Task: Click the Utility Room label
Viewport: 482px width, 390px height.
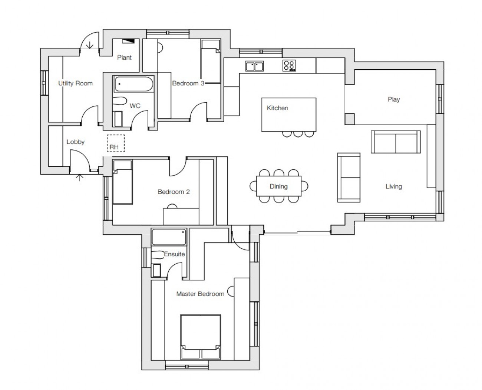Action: (75, 83)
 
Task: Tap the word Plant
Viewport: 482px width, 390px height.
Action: (124, 57)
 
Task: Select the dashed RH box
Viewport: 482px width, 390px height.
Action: (116, 143)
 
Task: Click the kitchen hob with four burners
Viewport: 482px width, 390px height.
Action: (289, 66)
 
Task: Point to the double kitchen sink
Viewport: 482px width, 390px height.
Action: (255, 66)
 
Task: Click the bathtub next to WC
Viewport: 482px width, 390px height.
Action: (134, 84)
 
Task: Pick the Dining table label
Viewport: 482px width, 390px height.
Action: (278, 186)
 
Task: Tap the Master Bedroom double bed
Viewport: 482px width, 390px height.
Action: (201, 337)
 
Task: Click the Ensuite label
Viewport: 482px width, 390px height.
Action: (174, 254)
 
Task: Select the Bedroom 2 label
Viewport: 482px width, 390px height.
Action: (174, 192)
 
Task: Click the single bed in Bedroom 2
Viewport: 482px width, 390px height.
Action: (122, 182)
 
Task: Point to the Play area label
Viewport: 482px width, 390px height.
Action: (394, 99)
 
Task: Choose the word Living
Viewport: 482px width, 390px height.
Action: (394, 186)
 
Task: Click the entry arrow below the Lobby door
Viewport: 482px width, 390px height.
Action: (79, 178)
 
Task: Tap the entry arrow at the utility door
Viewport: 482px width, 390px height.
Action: (90, 45)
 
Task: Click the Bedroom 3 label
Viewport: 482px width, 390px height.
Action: (188, 83)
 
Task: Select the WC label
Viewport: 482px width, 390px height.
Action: (135, 106)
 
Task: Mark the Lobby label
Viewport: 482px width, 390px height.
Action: (75, 142)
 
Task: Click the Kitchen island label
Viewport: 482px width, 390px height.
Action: (277, 108)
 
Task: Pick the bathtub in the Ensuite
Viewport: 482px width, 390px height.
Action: (169, 237)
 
